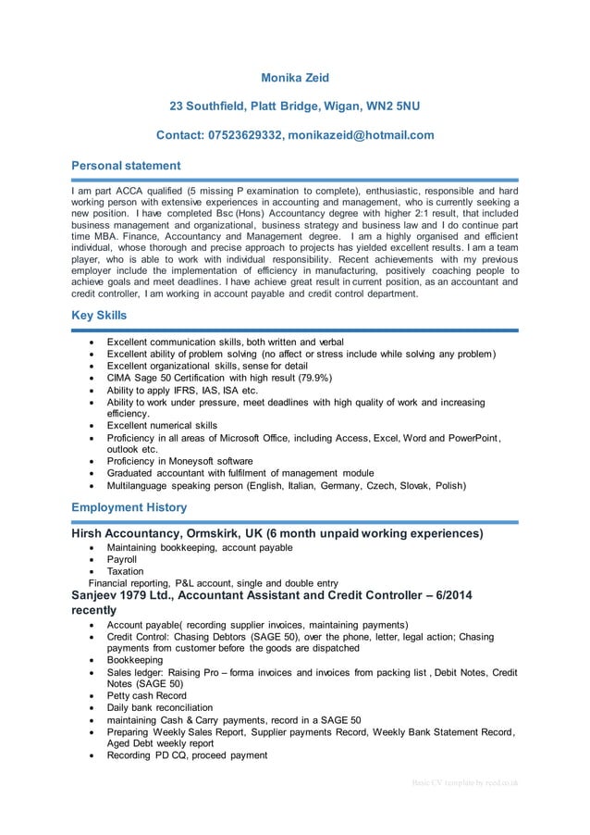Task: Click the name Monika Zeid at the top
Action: click(294, 78)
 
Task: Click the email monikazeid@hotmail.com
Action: click(361, 135)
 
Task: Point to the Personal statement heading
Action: click(126, 166)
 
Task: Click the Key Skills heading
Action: click(99, 316)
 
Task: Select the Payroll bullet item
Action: click(122, 560)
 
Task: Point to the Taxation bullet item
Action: click(125, 572)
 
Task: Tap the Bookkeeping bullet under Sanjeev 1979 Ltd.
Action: click(134, 663)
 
